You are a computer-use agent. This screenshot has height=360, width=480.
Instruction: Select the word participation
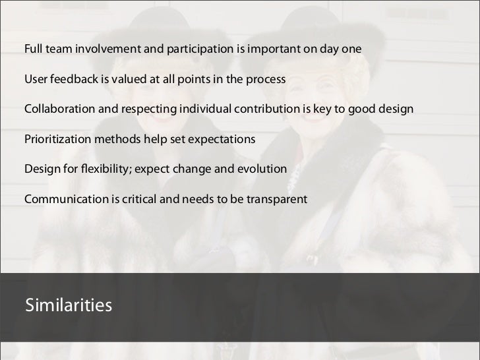coord(202,49)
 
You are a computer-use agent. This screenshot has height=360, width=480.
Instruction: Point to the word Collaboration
coord(60,109)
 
